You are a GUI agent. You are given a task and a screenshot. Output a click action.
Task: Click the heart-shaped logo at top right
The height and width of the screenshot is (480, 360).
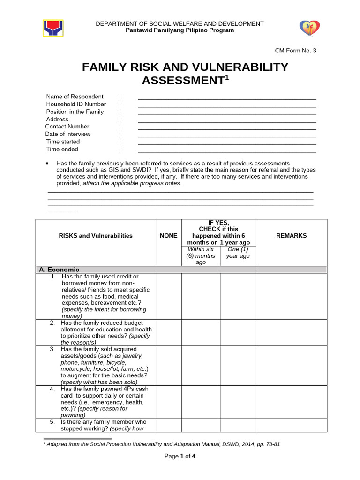coord(309,29)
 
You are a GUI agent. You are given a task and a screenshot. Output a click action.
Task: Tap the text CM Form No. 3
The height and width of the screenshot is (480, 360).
coord(295,51)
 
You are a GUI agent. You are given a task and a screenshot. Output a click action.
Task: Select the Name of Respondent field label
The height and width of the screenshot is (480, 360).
coord(75,97)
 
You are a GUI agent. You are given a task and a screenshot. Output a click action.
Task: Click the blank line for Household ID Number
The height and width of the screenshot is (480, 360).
coord(227,106)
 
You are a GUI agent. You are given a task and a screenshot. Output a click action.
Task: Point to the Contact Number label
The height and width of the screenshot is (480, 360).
coord(67,127)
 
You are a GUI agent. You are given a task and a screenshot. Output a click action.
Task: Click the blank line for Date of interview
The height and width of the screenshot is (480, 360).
coord(227,136)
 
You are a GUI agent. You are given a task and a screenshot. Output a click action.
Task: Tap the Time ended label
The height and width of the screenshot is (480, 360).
coord(62,149)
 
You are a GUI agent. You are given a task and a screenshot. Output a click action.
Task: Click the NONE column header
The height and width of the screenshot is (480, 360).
coord(168,236)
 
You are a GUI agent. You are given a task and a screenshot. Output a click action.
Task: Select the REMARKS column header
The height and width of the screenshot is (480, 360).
coord(292,236)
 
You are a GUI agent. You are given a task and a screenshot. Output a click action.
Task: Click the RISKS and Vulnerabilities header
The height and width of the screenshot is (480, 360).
coord(96,236)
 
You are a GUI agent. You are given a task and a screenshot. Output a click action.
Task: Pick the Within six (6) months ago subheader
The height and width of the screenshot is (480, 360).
coord(200,256)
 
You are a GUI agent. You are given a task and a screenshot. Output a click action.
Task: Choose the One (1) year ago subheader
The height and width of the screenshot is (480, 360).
coord(238,253)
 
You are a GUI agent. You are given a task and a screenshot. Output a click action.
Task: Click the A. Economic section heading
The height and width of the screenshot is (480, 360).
coord(60,270)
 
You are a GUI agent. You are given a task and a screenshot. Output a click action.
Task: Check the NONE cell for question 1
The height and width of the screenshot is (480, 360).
coord(168,296)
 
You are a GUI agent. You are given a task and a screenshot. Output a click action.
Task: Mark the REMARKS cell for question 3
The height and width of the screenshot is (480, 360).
coord(292,366)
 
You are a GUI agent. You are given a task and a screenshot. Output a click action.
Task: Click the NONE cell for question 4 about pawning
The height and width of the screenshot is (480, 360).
coord(168,402)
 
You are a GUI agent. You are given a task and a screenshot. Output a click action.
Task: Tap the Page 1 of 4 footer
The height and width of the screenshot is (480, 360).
coord(180,457)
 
